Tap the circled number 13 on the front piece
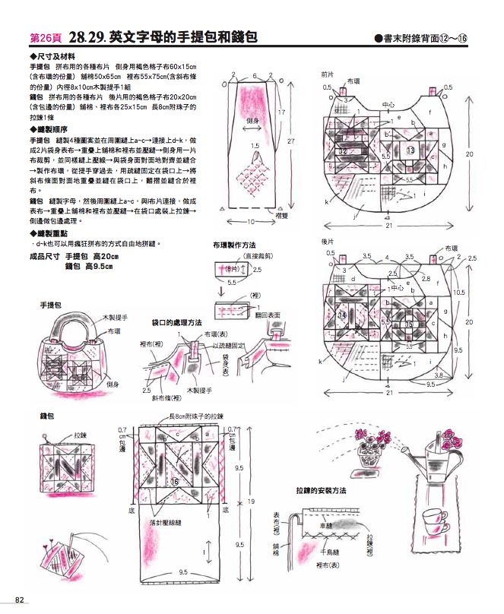click(410, 150)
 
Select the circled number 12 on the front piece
click(344, 152)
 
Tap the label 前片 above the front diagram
click(328, 75)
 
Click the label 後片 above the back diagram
click(328, 241)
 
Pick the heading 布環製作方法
click(233, 245)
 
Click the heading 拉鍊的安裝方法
click(321, 491)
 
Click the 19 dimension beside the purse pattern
click(252, 501)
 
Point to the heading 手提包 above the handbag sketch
click(51, 304)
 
